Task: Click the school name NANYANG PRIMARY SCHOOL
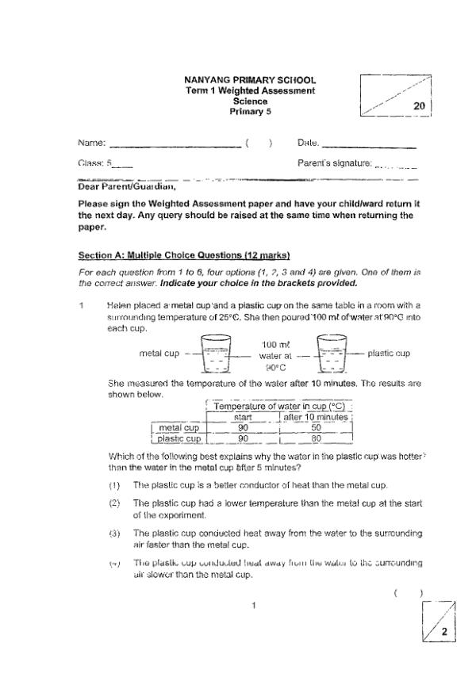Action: (249, 80)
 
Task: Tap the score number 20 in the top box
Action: (420, 105)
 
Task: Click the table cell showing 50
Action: (316, 427)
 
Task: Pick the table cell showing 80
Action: (316, 438)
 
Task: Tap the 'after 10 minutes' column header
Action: (316, 417)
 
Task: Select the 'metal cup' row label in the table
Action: (178, 427)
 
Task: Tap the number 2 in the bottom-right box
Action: (444, 632)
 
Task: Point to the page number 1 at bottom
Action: (251, 606)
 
